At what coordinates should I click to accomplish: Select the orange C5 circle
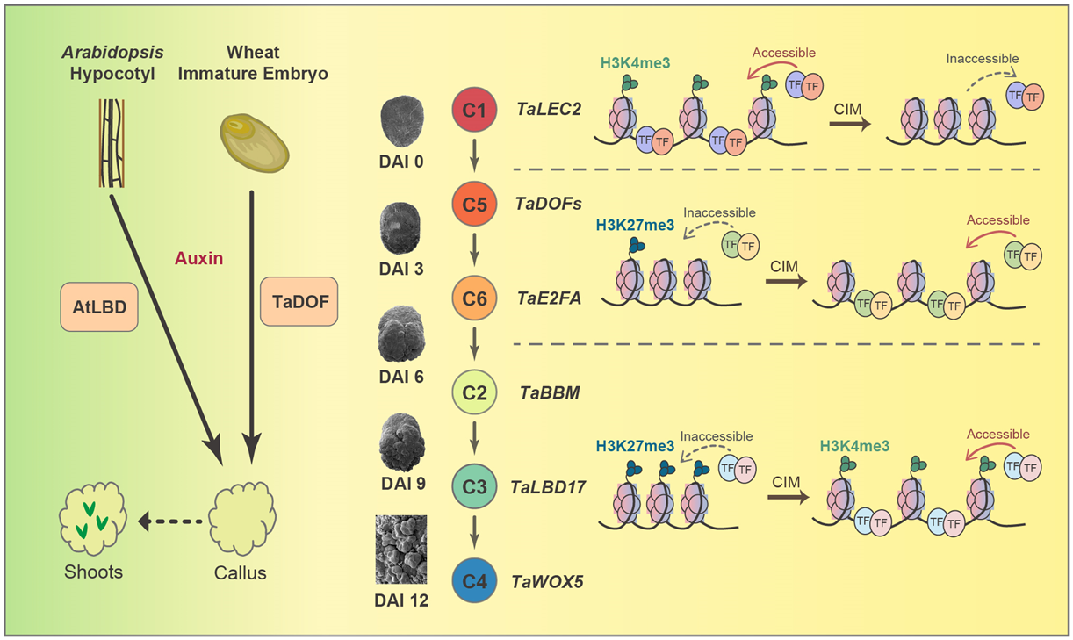point(475,205)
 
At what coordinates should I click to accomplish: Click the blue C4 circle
point(475,580)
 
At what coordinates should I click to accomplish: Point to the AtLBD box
point(99,306)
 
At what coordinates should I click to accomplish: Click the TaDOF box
point(299,306)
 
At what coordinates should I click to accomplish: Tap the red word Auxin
point(199,259)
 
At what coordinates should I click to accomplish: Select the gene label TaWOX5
point(548,580)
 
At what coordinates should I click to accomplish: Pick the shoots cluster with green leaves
point(91,521)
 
